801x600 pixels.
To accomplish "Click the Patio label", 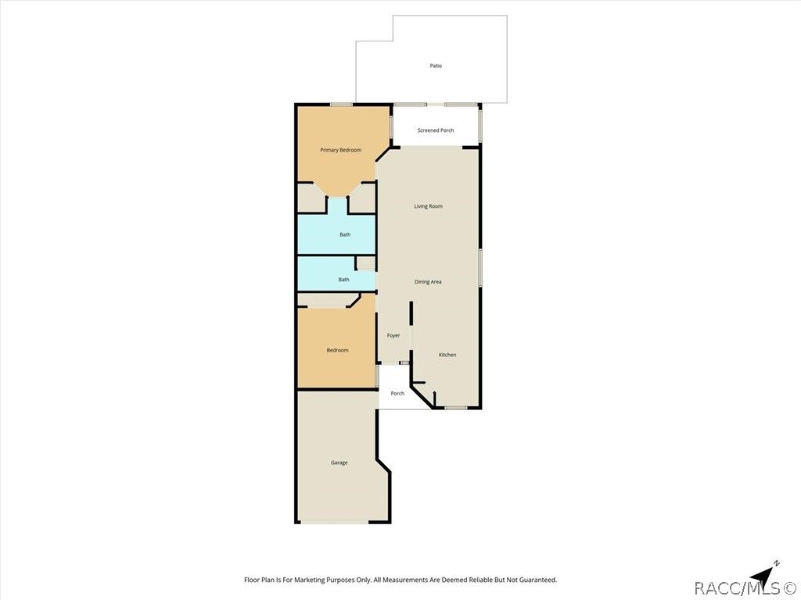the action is point(436,66).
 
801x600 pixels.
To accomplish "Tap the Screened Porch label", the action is point(436,130).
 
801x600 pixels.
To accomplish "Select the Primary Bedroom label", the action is point(341,150).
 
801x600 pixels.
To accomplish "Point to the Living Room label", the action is point(428,206).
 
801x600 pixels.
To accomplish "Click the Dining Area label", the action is point(428,281).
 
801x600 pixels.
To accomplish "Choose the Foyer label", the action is point(393,336).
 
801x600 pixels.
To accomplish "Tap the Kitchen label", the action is point(447,355).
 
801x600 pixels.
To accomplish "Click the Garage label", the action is point(339,462).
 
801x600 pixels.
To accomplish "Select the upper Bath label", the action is point(345,234).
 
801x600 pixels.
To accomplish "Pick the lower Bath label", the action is point(344,280).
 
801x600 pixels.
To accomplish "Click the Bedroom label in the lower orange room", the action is point(338,350).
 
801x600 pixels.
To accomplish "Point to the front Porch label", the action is point(397,394).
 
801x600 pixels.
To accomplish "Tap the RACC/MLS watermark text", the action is point(746,589).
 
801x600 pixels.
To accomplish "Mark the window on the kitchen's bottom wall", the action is point(455,408).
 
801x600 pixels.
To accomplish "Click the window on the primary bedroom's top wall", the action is point(341,105).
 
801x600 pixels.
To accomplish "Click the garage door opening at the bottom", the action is point(334,522).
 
